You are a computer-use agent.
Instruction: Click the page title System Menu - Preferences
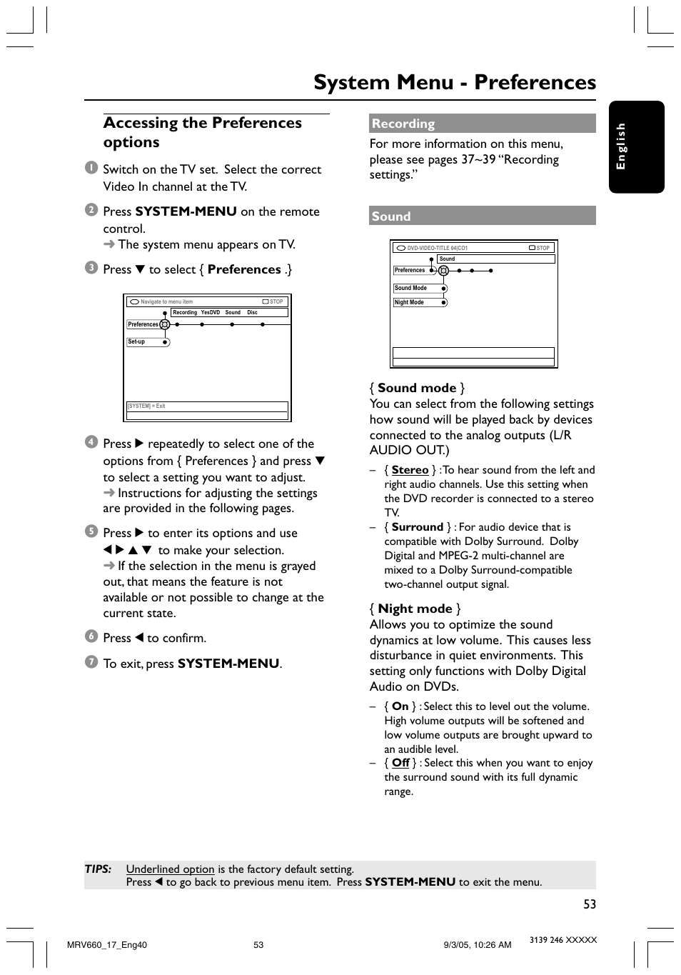click(454, 82)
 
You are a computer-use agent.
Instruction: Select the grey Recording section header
click(482, 124)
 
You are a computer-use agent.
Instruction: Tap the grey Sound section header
click(482, 216)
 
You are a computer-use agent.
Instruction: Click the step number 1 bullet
click(91, 168)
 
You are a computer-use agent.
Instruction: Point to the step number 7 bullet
click(91, 662)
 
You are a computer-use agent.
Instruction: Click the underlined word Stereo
click(410, 470)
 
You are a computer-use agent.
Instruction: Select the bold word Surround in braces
click(417, 527)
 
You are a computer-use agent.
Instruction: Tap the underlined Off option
click(400, 763)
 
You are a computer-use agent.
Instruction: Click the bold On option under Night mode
click(400, 706)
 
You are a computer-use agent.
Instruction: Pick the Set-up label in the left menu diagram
click(136, 342)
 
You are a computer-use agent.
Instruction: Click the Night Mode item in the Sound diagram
click(409, 302)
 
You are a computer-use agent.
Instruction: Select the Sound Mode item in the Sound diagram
click(410, 288)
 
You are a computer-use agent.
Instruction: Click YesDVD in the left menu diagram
click(211, 312)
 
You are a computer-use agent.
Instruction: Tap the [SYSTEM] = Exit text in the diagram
click(146, 406)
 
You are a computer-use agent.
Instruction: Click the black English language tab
click(636, 146)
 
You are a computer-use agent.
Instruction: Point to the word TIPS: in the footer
click(98, 869)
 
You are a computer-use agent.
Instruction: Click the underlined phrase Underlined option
click(170, 869)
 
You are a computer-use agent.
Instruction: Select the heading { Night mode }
click(415, 609)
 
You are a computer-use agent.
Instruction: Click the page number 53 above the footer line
click(589, 904)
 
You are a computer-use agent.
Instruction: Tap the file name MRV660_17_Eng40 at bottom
click(106, 944)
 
